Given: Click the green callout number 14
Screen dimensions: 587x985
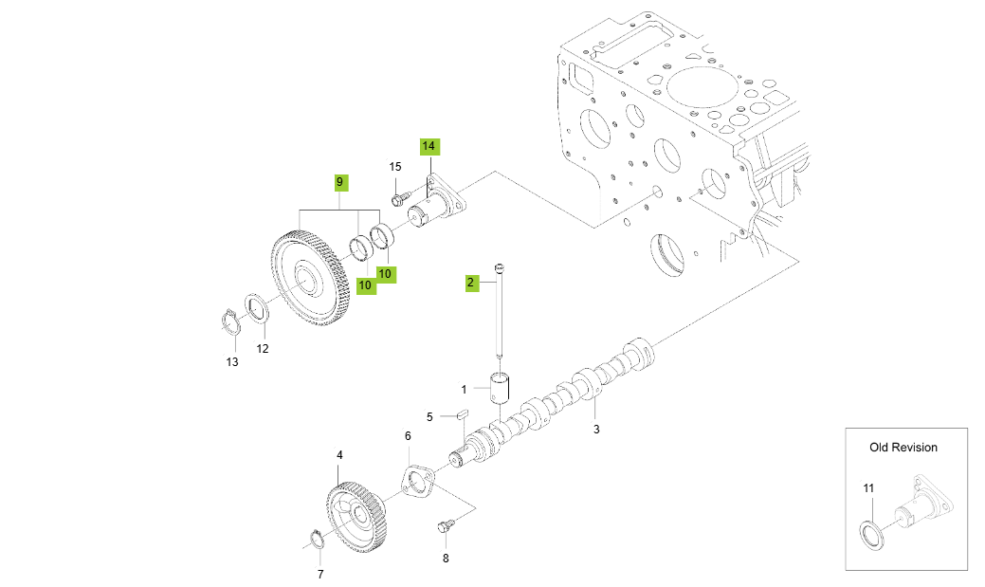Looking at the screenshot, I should click(x=429, y=146).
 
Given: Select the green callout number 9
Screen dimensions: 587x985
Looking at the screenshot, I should click(x=340, y=180).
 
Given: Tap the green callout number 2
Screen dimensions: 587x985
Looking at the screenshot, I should click(x=470, y=282).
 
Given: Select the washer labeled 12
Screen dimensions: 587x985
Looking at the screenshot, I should click(x=255, y=309).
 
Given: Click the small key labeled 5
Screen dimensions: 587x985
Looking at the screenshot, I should click(x=463, y=413).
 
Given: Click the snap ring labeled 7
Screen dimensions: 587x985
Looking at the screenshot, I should click(x=317, y=541).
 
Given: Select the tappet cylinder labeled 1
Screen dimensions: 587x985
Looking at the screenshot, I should click(x=500, y=388).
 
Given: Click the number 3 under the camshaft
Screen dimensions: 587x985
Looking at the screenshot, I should click(x=596, y=430).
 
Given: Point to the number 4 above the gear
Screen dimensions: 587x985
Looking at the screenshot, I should click(x=339, y=455).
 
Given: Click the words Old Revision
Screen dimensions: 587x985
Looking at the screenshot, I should click(x=903, y=447).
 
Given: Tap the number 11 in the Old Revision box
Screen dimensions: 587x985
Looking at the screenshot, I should click(x=868, y=488).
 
